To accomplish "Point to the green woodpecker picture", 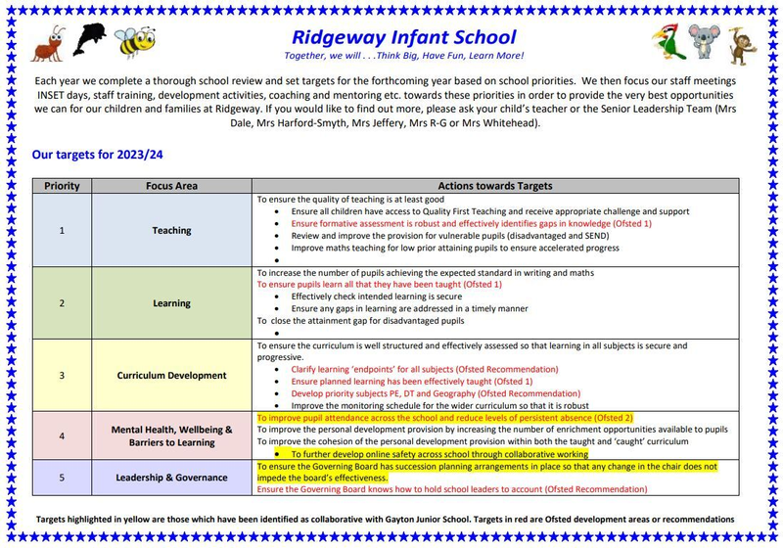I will pyautogui.click(x=666, y=41).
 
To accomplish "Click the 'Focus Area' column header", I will pyautogui.click(x=171, y=186).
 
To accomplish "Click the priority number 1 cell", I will pyautogui.click(x=61, y=231).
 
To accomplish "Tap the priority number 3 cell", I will pyautogui.click(x=61, y=375).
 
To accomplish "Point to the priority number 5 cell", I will pyautogui.click(x=61, y=478).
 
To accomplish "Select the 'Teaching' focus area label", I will pyautogui.click(x=171, y=231).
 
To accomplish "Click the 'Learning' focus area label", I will pyautogui.click(x=171, y=303).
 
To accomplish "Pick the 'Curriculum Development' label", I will pyautogui.click(x=171, y=375).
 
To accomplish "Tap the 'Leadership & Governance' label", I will pyautogui.click(x=171, y=478).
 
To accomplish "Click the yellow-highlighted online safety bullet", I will pyautogui.click(x=438, y=454).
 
